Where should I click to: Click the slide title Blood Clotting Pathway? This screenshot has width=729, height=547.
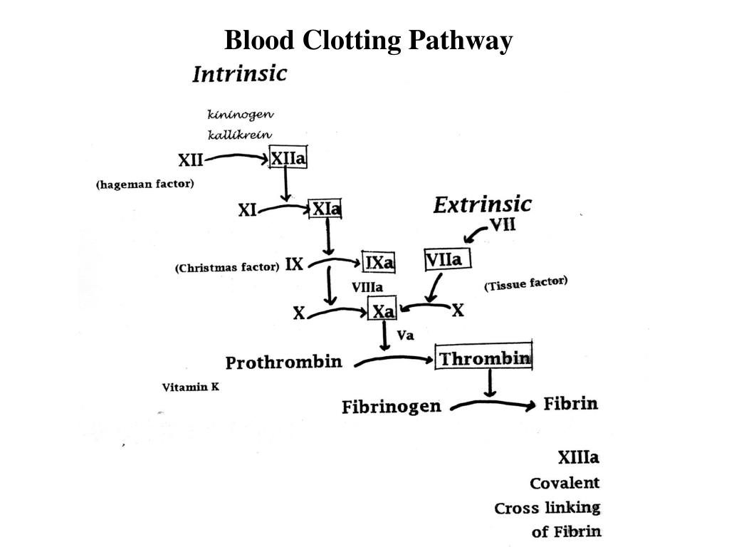(x=368, y=41)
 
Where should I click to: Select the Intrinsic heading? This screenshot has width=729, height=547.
(x=240, y=73)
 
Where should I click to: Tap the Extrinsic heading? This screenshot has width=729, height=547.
(x=482, y=205)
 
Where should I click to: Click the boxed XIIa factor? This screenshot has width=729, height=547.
(x=288, y=159)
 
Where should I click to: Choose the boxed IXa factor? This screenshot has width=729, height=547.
(x=379, y=262)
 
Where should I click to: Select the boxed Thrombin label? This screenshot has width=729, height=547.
(x=484, y=358)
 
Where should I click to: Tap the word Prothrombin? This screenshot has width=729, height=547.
(x=283, y=363)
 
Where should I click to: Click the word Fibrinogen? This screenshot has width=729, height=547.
(x=392, y=407)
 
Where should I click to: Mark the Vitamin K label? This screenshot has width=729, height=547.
(x=190, y=387)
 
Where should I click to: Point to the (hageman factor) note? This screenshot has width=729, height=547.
(x=145, y=184)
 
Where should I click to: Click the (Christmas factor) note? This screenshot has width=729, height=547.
(x=227, y=268)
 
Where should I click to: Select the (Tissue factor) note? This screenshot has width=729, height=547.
(x=526, y=283)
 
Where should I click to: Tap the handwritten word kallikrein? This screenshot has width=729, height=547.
(x=240, y=134)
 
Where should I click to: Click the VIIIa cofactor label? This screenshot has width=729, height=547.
(x=367, y=287)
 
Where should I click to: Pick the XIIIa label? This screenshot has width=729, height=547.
(x=577, y=457)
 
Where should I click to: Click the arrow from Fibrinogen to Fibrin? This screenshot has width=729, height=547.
(x=491, y=406)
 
